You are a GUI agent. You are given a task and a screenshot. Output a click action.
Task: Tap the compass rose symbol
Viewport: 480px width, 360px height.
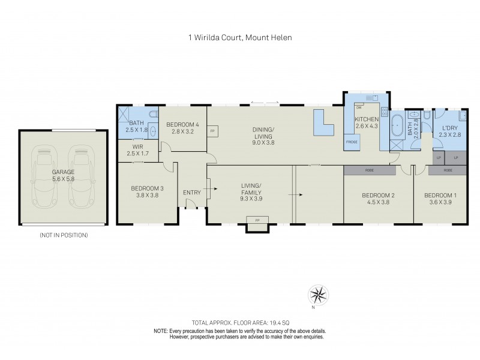click(319, 295)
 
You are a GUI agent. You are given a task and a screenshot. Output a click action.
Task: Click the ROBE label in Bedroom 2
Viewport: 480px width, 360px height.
click(369, 170)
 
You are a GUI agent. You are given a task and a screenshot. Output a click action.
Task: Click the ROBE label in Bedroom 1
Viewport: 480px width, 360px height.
click(447, 170)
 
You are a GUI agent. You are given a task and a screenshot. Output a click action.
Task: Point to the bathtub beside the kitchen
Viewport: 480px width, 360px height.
click(397, 127)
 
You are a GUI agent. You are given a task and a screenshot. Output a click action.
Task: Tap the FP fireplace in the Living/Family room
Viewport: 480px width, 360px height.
click(257, 221)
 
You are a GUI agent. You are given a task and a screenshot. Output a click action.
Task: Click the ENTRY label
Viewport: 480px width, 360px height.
click(192, 192)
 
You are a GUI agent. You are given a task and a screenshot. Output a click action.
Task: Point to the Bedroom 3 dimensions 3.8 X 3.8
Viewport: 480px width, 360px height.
click(147, 195)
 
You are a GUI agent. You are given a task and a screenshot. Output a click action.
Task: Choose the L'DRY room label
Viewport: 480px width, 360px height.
click(449, 128)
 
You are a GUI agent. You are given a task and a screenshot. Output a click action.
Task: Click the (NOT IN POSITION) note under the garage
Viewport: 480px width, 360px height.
click(63, 235)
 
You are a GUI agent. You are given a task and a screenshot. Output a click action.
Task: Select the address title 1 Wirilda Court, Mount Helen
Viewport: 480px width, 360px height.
click(240, 37)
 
